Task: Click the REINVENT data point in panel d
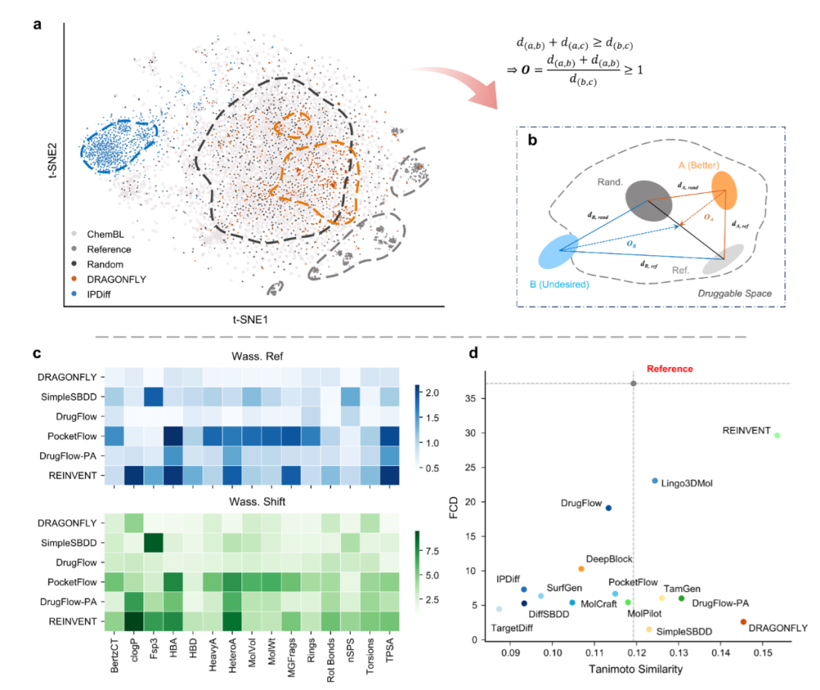pyautogui.click(x=777, y=435)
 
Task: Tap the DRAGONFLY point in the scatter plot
pyautogui.click(x=743, y=622)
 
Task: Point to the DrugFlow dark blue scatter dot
pyautogui.click(x=608, y=508)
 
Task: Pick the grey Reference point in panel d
pyautogui.click(x=633, y=383)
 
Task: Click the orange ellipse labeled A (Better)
pyautogui.click(x=724, y=189)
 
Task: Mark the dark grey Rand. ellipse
pyautogui.click(x=648, y=199)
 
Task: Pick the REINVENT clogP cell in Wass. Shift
pyautogui.click(x=133, y=621)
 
